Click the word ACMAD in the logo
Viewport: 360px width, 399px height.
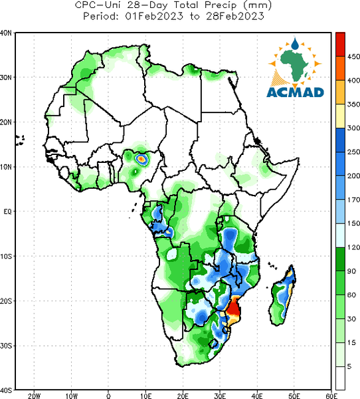295,92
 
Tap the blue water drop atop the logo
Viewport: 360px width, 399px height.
295,44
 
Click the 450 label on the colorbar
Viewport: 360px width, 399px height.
353,57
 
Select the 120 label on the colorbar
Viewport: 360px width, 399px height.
353,247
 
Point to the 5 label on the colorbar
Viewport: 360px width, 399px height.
349,366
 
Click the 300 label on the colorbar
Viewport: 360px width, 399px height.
353,128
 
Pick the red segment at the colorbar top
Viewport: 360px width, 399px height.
340,45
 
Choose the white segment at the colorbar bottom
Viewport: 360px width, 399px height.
340,378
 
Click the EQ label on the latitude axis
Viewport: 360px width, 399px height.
7,211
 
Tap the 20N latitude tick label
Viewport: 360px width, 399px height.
6,122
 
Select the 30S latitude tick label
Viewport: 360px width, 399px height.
6,346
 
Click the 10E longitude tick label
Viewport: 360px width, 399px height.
145,396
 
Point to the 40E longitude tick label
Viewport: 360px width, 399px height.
257,396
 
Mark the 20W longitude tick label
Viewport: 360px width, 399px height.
34,396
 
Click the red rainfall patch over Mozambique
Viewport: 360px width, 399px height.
233,309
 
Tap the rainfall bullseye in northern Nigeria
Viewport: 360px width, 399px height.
141,160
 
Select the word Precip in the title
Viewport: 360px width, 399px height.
219,5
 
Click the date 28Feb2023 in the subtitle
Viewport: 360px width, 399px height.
235,16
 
